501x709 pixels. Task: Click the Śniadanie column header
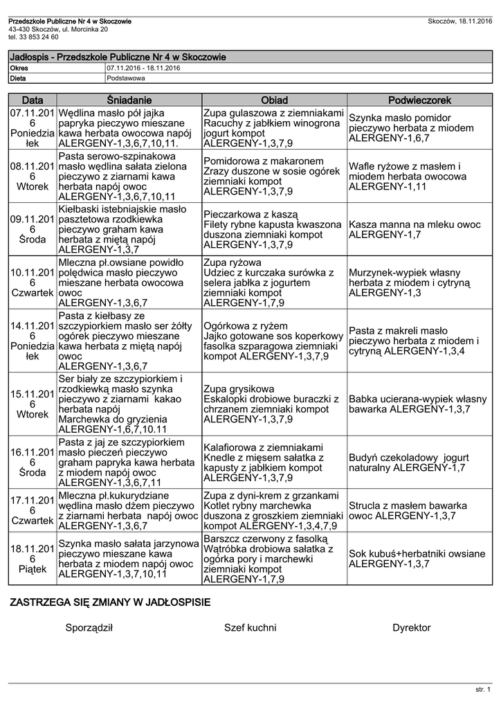click(129, 101)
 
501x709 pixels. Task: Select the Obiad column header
click(274, 101)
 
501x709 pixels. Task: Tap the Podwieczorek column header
click(419, 101)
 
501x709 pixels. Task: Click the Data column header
click(33, 101)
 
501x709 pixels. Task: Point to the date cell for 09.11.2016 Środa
click(33, 229)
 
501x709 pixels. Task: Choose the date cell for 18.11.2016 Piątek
click(33, 559)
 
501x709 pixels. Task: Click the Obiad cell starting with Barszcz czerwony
click(274, 559)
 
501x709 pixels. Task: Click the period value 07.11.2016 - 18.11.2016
click(143, 69)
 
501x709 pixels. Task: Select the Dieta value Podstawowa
click(126, 78)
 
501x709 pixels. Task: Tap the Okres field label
click(19, 69)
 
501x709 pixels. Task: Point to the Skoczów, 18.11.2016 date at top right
click(460, 22)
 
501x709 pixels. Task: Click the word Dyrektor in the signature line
click(411, 628)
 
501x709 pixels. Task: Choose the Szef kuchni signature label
click(250, 628)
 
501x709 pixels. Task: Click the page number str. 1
click(482, 690)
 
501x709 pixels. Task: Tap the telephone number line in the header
click(33, 37)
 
